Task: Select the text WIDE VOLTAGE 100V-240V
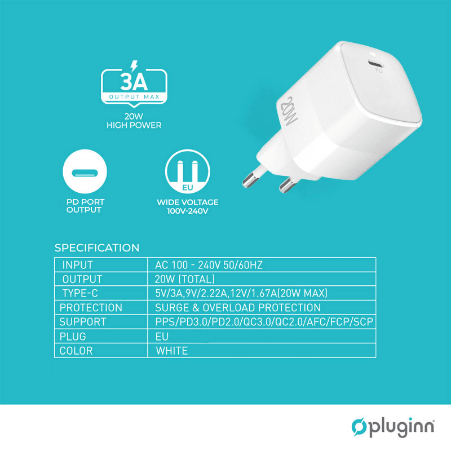187,206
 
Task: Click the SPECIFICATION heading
96,248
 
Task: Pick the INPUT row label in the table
78,265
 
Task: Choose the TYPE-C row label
82,293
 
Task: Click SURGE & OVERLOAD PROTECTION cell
238,308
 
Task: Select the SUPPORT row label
83,322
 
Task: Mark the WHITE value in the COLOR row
172,351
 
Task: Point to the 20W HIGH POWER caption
134,121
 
